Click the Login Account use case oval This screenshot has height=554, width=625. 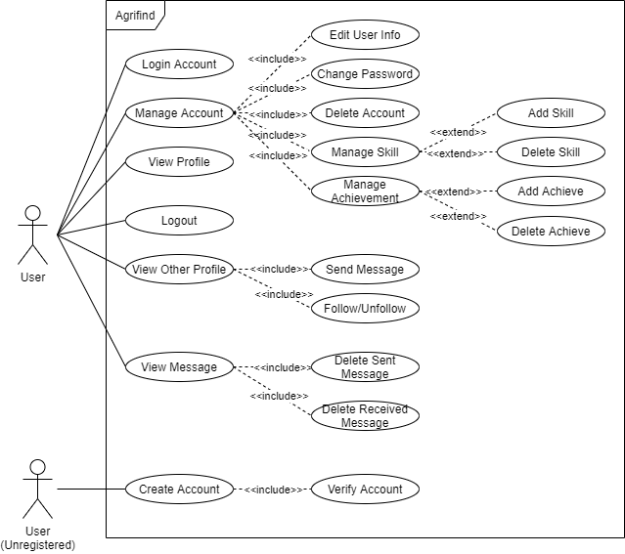[x=179, y=64]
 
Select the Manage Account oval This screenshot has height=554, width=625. [x=179, y=112]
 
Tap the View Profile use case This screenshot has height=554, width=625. [x=179, y=161]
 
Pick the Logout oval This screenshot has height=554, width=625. [x=179, y=221]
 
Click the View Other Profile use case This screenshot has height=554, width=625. [x=179, y=269]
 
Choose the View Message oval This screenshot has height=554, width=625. [x=179, y=367]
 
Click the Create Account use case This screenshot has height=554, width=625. [x=179, y=489]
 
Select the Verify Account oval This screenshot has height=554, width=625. [x=365, y=489]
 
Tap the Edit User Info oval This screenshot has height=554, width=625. [x=365, y=35]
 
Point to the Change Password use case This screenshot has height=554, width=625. [x=365, y=74]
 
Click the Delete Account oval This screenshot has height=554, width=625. [x=365, y=112]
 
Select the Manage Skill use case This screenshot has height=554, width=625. [x=365, y=151]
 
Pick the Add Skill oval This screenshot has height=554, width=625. [x=551, y=112]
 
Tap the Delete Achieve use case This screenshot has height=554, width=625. [x=551, y=232]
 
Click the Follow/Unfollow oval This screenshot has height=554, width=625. [x=365, y=309]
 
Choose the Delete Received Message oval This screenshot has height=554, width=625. [x=365, y=415]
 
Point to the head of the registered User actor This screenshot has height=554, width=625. [x=33, y=214]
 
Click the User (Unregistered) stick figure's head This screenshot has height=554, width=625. [x=37, y=466]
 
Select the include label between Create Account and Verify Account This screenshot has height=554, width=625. [x=273, y=490]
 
